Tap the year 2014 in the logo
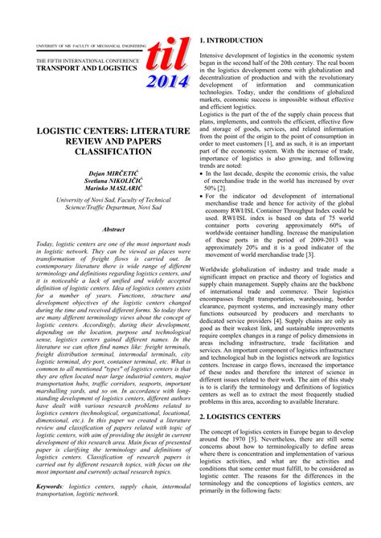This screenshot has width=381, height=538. tap(170, 80)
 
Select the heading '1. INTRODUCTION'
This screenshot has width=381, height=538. tap(234, 40)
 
